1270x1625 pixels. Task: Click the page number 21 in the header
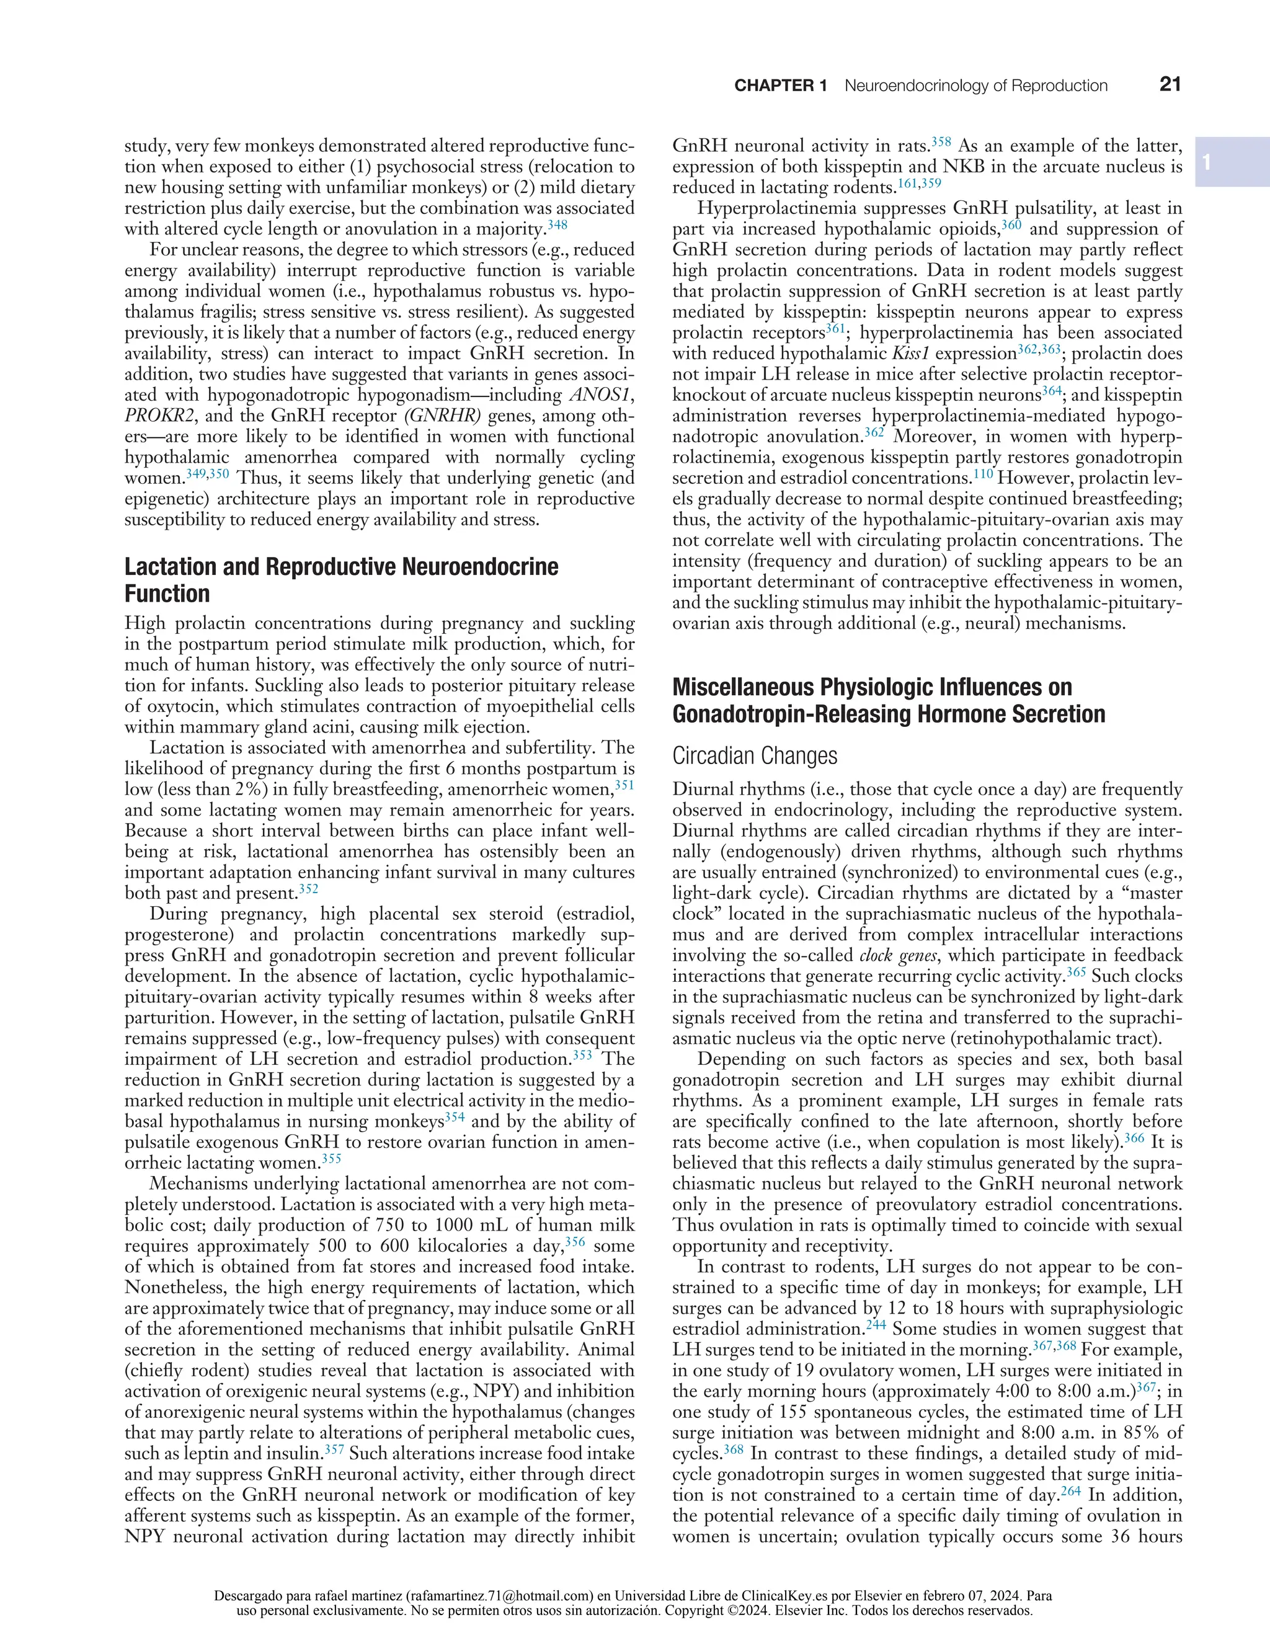(x=1170, y=85)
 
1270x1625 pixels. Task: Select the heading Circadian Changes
(x=755, y=756)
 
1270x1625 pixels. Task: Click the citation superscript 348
(x=557, y=224)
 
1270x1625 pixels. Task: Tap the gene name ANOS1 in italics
(x=599, y=395)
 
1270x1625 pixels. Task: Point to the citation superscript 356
(x=574, y=1241)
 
